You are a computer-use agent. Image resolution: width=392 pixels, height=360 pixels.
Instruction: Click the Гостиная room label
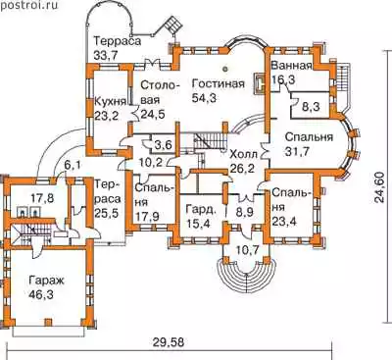tap(219, 83)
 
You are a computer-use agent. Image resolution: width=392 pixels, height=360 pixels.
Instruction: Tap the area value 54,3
tap(204, 98)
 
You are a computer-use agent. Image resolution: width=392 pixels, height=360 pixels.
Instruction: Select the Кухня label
tap(110, 101)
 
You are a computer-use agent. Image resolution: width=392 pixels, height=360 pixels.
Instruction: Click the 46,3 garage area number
tap(41, 295)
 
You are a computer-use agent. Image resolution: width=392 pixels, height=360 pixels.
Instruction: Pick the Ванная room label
tap(292, 66)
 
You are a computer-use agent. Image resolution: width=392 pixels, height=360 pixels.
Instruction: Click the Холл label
tap(244, 153)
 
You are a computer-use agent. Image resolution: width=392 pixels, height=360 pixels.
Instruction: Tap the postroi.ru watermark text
tap(29, 5)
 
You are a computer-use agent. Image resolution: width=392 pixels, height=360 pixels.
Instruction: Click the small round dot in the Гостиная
tap(224, 69)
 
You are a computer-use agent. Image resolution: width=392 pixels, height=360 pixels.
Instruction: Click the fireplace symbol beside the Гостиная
tap(260, 84)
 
